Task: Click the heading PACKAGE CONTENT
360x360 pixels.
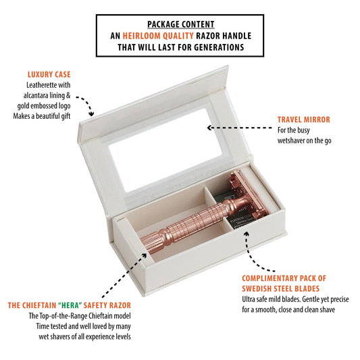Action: click(x=181, y=24)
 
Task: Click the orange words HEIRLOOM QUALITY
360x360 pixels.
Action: click(x=158, y=36)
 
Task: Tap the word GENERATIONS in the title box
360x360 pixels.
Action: click(x=219, y=47)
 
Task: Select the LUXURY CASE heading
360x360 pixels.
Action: click(x=49, y=74)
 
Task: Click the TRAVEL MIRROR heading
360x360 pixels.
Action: click(x=303, y=120)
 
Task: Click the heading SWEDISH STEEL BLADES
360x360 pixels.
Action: click(x=280, y=288)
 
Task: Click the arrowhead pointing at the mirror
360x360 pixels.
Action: click(x=209, y=128)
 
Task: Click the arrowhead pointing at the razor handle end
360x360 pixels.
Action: click(x=144, y=255)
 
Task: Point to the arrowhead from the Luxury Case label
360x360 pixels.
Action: click(x=92, y=113)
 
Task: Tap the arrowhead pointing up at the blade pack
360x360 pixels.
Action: click(x=247, y=234)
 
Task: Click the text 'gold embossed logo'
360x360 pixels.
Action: click(x=44, y=106)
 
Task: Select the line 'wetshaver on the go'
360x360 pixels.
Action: click(x=304, y=140)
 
